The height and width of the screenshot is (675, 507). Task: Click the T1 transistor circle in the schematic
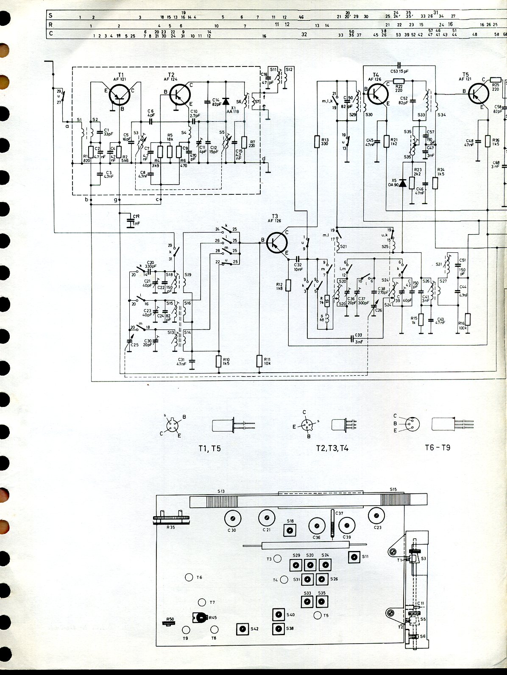(120, 95)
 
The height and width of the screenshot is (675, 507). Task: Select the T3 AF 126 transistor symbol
(277, 243)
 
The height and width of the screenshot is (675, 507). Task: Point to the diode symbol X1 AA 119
(226, 102)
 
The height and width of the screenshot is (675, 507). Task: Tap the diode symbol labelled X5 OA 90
(403, 183)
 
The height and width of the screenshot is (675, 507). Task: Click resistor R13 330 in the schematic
(317, 141)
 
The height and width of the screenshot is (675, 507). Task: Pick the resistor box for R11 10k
(259, 361)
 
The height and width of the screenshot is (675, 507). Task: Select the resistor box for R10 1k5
(219, 361)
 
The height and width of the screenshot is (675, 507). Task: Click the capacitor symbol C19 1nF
(131, 221)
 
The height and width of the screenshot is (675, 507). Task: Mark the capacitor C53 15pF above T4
(399, 66)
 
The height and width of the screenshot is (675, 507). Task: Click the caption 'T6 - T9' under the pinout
(437, 448)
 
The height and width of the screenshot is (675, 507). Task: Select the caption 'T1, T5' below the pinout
(209, 448)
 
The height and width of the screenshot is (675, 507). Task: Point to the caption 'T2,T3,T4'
(332, 448)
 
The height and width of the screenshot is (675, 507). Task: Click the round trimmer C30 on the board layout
(232, 518)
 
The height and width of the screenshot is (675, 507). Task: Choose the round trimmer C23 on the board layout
(376, 515)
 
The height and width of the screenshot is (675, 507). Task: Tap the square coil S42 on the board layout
(242, 629)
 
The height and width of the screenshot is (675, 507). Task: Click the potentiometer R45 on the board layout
(199, 618)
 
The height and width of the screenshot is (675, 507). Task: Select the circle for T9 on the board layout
(186, 630)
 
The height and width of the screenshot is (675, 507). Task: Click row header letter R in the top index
(51, 25)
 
